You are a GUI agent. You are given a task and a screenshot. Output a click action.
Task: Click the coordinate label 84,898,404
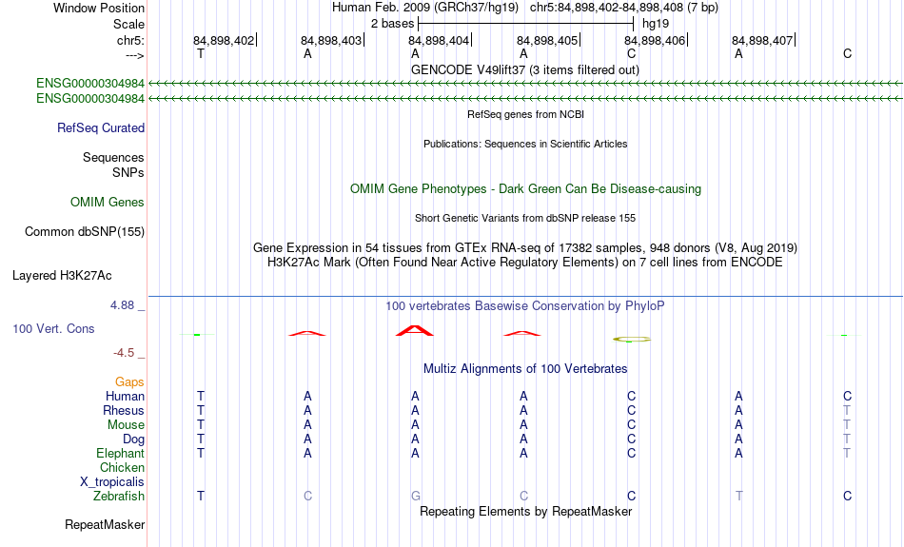(439, 40)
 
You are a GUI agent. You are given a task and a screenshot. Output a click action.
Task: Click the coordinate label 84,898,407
(762, 40)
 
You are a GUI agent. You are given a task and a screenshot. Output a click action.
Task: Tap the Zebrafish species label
(119, 497)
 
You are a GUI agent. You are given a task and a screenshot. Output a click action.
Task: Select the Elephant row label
(120, 454)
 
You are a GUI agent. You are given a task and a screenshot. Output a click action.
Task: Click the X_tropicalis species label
(112, 482)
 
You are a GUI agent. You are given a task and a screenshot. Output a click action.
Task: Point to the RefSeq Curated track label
(101, 128)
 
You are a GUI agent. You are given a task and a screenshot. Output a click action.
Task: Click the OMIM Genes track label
(108, 203)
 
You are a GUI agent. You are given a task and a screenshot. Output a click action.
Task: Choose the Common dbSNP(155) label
(85, 232)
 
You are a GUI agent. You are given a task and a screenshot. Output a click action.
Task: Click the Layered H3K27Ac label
(62, 276)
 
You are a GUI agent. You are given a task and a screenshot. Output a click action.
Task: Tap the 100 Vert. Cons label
(53, 328)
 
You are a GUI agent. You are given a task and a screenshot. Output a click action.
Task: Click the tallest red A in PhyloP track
(415, 331)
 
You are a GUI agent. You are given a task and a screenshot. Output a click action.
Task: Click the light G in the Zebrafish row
(416, 497)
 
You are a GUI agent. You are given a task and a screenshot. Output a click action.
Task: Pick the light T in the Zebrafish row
(739, 497)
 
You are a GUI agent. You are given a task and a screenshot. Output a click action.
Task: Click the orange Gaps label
(129, 382)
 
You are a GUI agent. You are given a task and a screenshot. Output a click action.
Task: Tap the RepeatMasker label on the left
(105, 524)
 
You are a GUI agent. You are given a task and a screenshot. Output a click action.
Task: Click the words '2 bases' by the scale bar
(392, 24)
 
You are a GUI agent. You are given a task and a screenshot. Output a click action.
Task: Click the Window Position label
(99, 8)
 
